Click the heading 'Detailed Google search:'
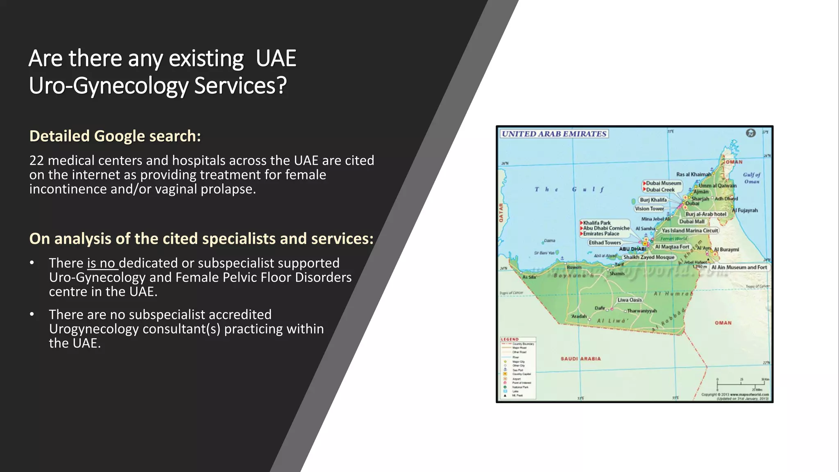115,136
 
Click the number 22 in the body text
36,160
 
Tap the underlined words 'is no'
102,263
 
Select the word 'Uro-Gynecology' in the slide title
109,86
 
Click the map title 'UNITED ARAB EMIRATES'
554,134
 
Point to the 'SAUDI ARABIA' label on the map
580,359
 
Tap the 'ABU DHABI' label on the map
632,249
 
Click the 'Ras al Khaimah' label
694,174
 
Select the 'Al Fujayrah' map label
745,210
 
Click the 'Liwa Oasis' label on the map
630,300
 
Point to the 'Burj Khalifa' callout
653,200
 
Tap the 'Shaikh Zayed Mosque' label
649,257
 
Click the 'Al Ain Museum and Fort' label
739,267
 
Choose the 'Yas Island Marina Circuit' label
690,231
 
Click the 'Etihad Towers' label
605,243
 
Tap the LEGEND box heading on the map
510,339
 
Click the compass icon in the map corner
751,133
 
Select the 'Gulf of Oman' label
751,178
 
